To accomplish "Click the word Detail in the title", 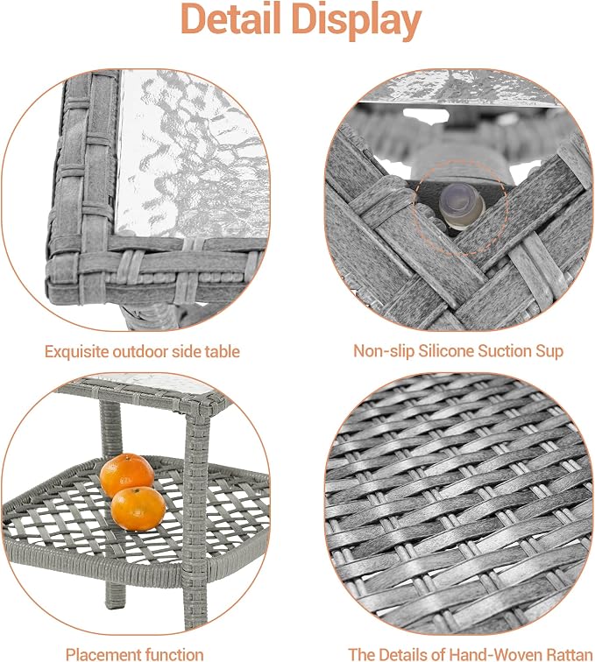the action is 231,19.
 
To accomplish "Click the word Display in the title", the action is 357,22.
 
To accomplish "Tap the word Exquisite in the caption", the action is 72,352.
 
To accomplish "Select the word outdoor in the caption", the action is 132,351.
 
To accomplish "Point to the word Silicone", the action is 446,351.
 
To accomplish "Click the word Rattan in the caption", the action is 568,654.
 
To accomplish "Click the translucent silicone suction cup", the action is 462,204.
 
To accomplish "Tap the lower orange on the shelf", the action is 138,508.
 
